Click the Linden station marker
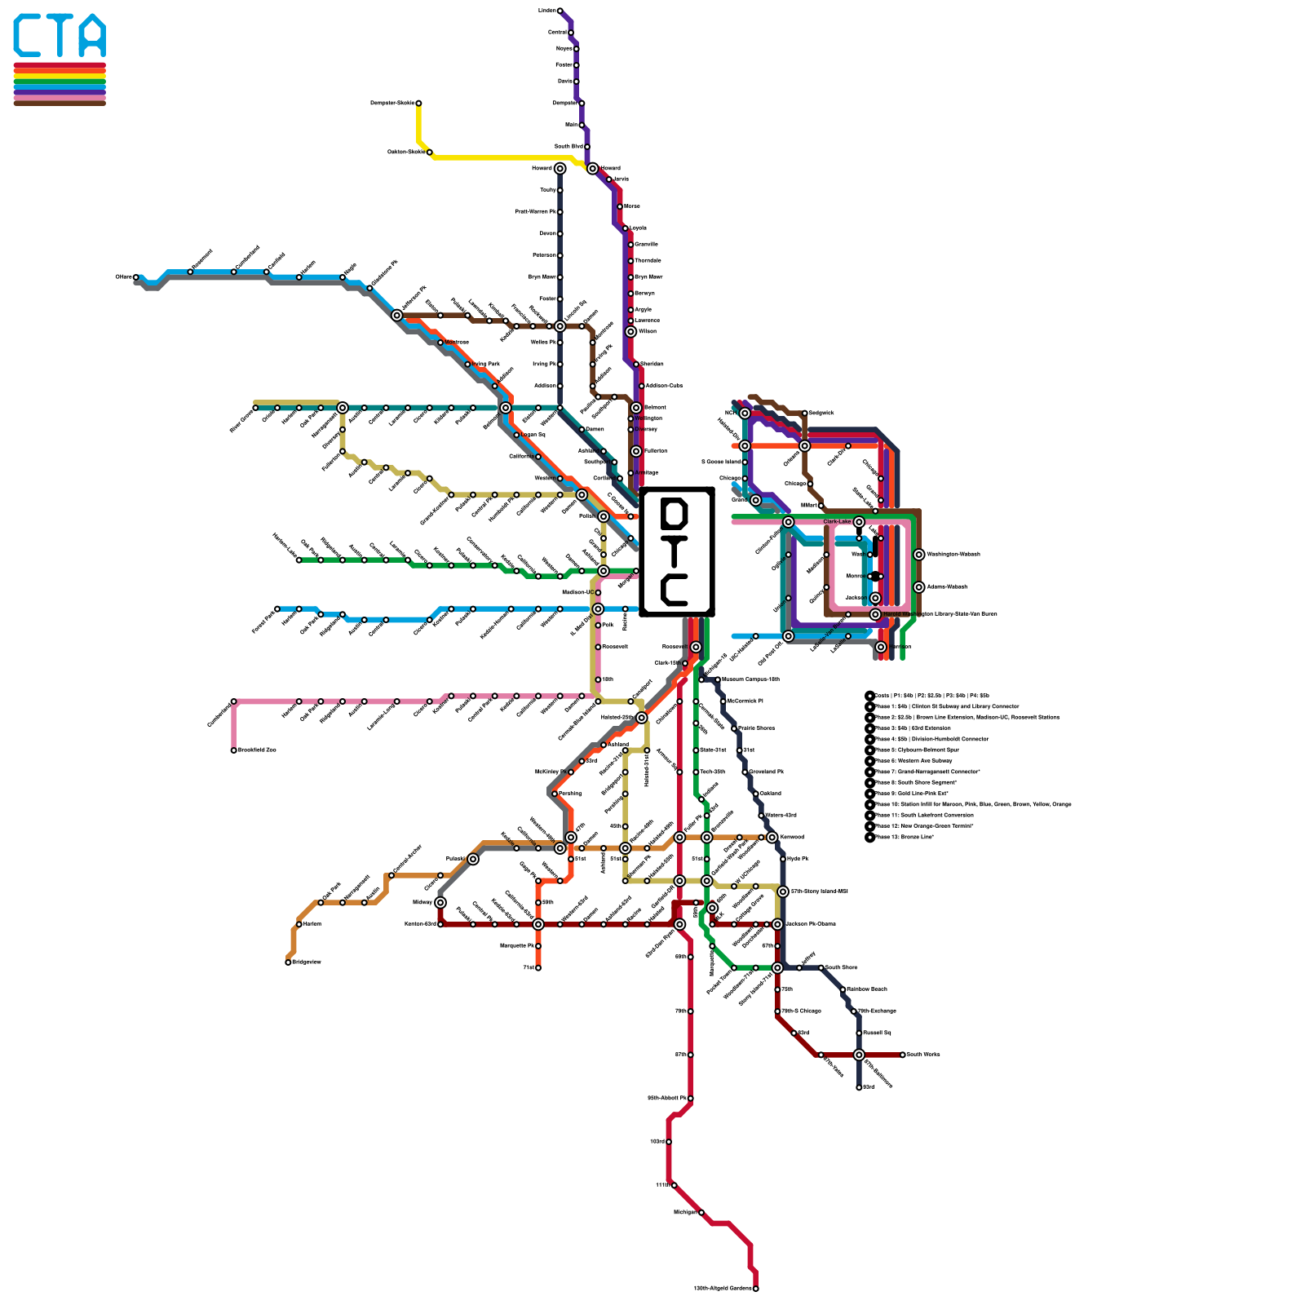(560, 11)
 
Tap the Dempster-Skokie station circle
(418, 104)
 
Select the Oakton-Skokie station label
(405, 152)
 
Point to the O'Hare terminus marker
(136, 277)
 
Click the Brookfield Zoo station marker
(234, 750)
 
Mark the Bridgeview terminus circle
(288, 962)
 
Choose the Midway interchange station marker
(440, 902)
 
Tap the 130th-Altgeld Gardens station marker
(756, 1289)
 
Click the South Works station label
(923, 1055)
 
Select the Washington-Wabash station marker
(919, 555)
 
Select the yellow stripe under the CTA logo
(60, 76)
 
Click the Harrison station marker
(881, 647)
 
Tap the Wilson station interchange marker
(630, 332)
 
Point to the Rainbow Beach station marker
(843, 989)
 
